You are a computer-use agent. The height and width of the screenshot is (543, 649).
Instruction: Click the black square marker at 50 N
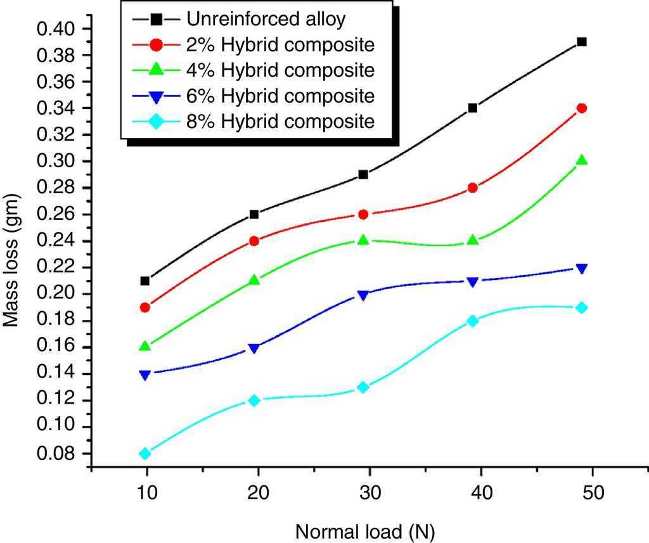(582, 42)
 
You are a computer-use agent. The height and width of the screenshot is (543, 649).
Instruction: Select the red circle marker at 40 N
(472, 188)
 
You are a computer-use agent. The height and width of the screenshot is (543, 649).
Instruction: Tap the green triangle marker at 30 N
(363, 240)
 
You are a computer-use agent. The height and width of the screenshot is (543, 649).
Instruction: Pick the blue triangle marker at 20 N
(254, 348)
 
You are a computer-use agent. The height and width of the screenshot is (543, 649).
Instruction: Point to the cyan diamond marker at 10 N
(145, 454)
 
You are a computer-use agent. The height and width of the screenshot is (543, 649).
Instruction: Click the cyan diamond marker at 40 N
(472, 321)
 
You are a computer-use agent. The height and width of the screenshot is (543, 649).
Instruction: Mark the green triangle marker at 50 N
(582, 160)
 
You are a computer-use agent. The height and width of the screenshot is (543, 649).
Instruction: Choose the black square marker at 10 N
(145, 281)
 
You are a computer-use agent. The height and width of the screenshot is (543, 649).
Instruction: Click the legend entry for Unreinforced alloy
(266, 19)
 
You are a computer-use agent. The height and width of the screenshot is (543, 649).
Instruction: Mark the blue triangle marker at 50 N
(582, 269)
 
